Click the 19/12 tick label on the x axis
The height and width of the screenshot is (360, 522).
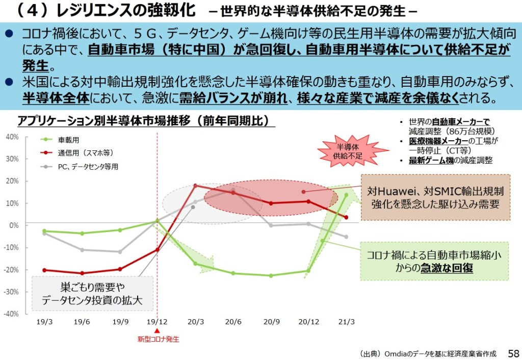(x=157, y=322)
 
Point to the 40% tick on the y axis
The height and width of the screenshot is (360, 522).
(x=12, y=137)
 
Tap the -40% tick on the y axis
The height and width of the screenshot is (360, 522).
(x=12, y=314)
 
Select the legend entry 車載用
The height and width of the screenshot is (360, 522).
(x=68, y=140)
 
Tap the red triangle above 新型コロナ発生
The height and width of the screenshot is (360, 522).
(x=157, y=330)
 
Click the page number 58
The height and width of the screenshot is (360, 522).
(x=513, y=353)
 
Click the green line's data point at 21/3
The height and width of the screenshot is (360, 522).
(x=346, y=194)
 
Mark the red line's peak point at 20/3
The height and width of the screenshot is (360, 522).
(x=195, y=185)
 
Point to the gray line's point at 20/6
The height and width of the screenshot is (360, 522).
(x=233, y=190)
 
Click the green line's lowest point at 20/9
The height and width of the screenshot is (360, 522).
(x=271, y=275)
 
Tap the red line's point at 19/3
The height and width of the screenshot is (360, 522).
(x=44, y=270)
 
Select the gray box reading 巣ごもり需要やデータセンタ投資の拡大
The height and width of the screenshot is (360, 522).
(x=92, y=294)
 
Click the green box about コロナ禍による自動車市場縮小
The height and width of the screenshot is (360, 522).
(x=435, y=261)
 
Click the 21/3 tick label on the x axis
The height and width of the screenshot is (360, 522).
(x=346, y=322)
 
